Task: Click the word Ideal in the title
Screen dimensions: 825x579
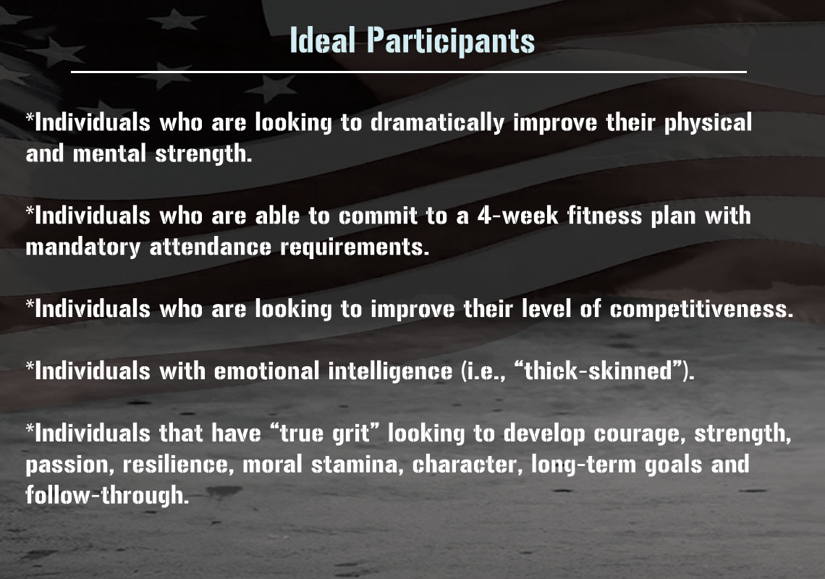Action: pos(323,40)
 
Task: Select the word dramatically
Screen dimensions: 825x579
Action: pos(437,122)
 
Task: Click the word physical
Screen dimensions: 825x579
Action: pos(708,122)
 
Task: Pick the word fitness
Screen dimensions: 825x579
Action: pos(604,216)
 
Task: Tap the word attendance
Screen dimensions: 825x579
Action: pos(211,247)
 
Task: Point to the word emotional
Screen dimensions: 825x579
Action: pos(266,371)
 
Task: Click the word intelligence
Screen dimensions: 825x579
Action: pos(390,371)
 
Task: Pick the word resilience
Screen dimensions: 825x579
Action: pos(176,465)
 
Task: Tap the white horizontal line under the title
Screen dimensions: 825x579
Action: pos(409,72)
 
